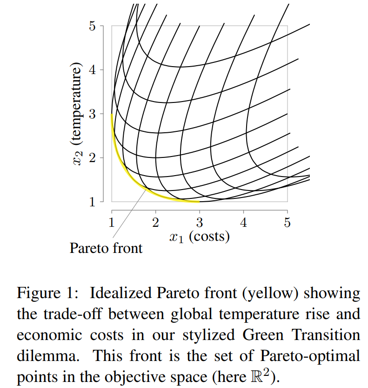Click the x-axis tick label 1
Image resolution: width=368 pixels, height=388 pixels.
pos(112,222)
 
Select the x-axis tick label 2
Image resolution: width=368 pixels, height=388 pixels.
pos(155,222)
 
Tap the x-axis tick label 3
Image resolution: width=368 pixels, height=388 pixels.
pos(200,222)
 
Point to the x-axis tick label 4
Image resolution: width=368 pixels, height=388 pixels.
pos(243,222)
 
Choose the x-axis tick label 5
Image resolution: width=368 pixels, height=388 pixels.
pos(287,222)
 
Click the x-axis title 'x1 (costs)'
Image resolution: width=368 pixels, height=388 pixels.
pos(199,237)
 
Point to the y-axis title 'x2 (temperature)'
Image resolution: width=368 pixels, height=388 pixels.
pos(77,114)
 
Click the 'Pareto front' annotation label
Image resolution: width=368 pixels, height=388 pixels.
pos(106,248)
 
